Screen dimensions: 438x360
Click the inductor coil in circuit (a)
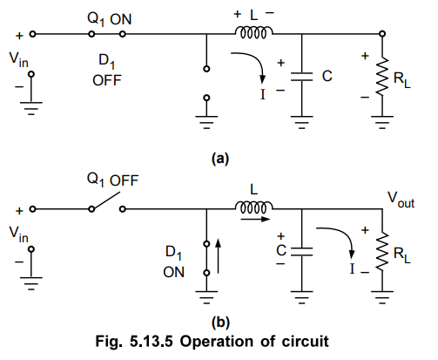[253, 32]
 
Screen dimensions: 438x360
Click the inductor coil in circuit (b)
[253, 207]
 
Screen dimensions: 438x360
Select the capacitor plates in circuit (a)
[302, 76]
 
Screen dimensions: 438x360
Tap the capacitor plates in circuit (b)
[302, 252]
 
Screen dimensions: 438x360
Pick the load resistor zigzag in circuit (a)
[382, 76]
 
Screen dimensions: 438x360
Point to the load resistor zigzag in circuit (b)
[382, 251]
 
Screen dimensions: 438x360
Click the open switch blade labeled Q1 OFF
[106, 200]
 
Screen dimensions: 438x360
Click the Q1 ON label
[110, 19]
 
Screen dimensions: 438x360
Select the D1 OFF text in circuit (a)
[107, 71]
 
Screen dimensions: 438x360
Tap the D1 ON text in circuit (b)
[173, 262]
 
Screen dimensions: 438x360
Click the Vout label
[401, 200]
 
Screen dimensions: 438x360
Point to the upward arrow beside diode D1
[218, 256]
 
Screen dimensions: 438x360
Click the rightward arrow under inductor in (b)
[256, 219]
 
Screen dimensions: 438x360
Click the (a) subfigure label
[220, 159]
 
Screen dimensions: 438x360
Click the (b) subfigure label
[220, 323]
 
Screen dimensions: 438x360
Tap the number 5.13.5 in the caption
[152, 341]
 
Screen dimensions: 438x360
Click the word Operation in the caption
[217, 342]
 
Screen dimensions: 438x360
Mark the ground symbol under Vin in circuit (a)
[31, 108]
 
